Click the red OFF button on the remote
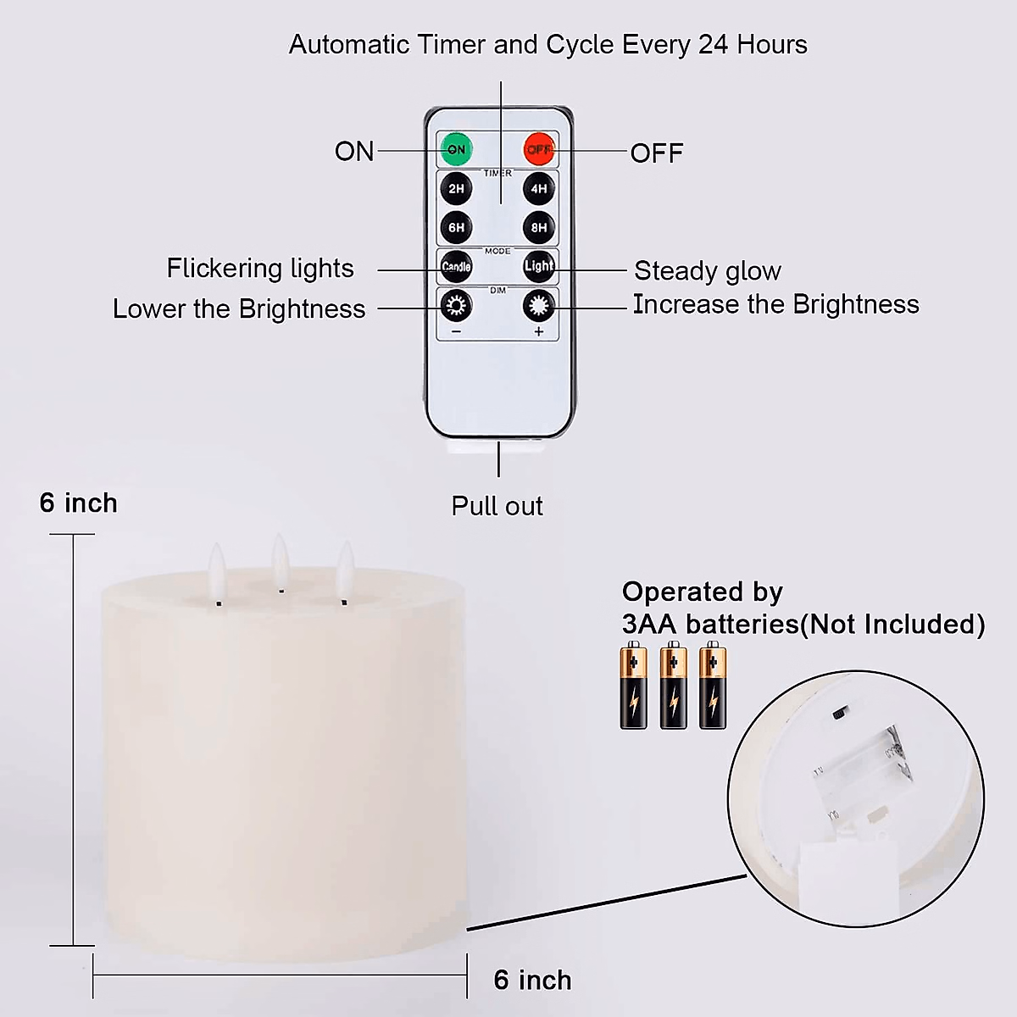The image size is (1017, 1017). pos(539,149)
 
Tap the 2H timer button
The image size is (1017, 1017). pos(456,188)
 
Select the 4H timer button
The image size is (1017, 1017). pos(539,188)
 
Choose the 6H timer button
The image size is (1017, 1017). pos(456,227)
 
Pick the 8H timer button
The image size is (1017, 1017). pos(539,227)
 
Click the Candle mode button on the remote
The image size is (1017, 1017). pos(456,266)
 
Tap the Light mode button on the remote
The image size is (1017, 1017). pos(539,266)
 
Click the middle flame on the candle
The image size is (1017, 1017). pos(280,559)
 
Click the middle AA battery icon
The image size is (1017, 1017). pos(673,686)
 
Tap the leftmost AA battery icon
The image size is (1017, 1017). pos(634,686)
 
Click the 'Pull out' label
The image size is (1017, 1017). pos(497,506)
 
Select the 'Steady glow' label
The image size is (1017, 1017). pos(707,271)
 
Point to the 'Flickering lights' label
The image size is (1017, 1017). pos(260,269)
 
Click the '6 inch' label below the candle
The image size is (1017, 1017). pos(532,980)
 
